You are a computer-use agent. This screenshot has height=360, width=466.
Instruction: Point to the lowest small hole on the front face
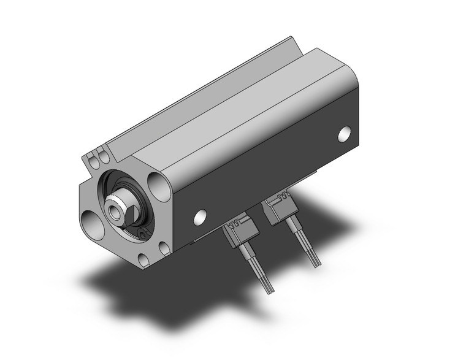click(x=143, y=260)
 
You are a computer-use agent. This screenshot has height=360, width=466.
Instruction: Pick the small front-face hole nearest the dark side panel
click(x=164, y=247)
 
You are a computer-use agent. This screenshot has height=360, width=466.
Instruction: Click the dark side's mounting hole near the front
click(x=199, y=216)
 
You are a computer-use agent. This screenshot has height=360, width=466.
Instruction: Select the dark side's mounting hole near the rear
click(x=345, y=133)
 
